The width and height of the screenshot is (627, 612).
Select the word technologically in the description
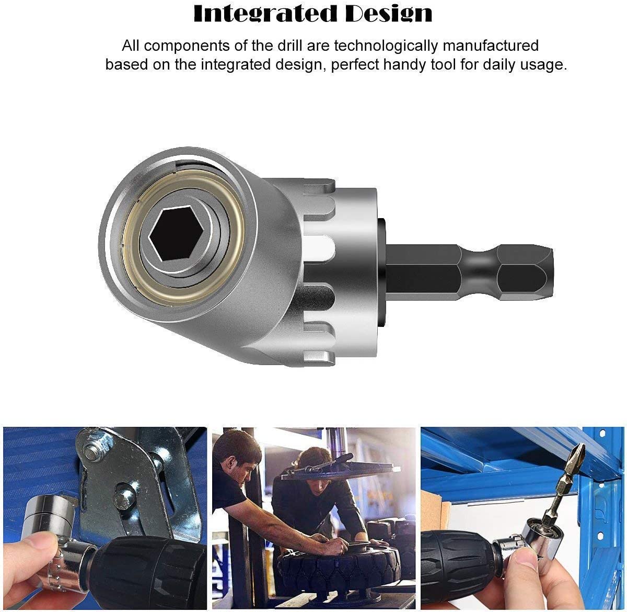click(x=386, y=46)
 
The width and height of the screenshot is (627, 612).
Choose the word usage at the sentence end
click(x=544, y=65)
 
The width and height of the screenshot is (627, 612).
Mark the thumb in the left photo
click(x=31, y=544)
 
